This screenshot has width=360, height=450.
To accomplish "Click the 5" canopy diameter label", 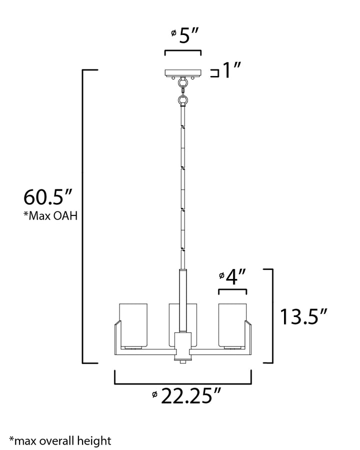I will tap(186, 37).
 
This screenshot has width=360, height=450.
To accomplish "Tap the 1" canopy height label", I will tap(232, 71).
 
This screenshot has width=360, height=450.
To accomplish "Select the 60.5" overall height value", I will tap(48, 197).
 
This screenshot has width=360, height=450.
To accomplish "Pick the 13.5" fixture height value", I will tap(303, 317).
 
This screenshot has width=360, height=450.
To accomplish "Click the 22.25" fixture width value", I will tap(191, 397).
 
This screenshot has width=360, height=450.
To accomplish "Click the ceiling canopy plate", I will tap(183, 73).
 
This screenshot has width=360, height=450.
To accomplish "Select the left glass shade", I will tap(133, 324).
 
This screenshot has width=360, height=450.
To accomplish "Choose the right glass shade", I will tap(232, 324).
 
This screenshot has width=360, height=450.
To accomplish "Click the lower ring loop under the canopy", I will tap(183, 100).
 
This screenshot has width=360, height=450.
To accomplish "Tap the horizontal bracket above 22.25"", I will tap(183, 382).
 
